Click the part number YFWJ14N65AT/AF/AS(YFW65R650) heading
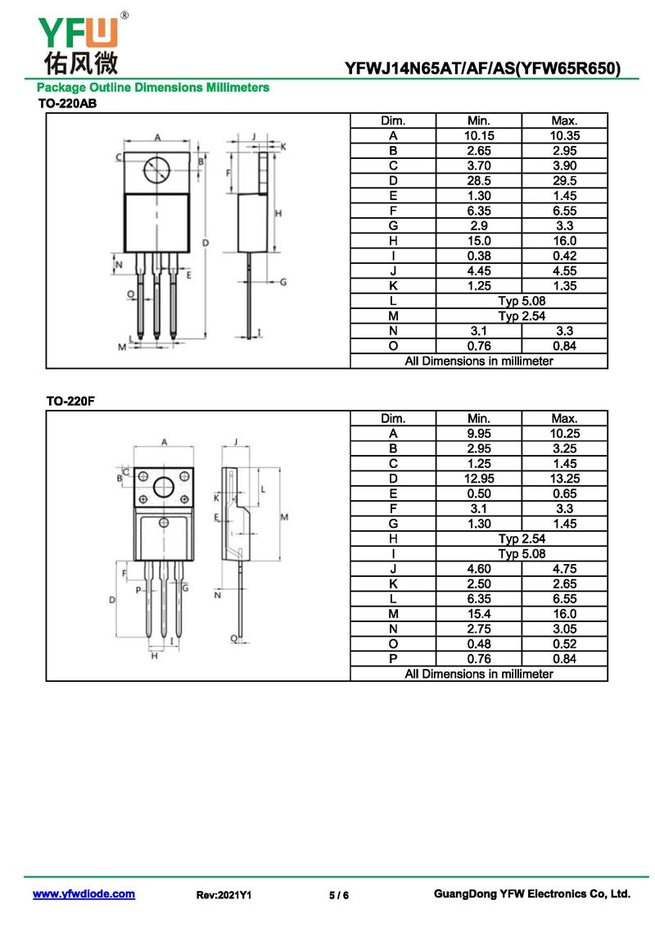(x=482, y=68)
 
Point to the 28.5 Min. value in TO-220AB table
(x=478, y=181)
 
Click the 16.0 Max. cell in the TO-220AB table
(x=564, y=241)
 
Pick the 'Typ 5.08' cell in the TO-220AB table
(x=522, y=301)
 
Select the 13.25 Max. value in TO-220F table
(x=564, y=479)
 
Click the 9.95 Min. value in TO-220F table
(x=478, y=434)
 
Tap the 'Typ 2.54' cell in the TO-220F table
(x=522, y=538)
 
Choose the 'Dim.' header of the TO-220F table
(x=393, y=418)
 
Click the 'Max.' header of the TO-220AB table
(x=564, y=120)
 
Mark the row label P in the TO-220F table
(x=393, y=659)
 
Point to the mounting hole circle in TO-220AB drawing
(x=156, y=170)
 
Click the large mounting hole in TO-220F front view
(x=164, y=487)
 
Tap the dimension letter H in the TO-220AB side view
(x=278, y=213)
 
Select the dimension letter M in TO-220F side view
(x=284, y=516)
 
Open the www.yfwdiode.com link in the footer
(x=84, y=894)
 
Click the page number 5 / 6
(x=339, y=896)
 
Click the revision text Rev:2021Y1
(x=224, y=896)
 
